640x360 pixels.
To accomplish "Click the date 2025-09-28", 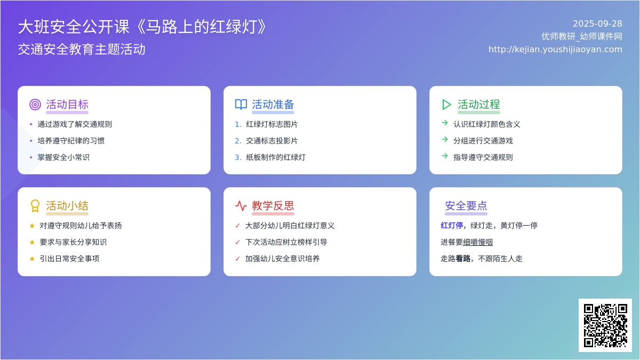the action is (597, 23).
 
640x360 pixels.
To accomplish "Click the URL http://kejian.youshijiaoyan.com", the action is (555, 50).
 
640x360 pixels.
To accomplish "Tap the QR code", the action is (605, 325).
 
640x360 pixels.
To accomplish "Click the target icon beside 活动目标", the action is (35, 105).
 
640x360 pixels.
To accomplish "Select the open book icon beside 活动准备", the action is (241, 105).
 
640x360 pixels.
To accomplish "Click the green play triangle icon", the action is (446, 105).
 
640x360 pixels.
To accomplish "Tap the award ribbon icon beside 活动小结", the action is (35, 206).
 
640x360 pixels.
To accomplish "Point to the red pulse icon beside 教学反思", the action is (241, 206).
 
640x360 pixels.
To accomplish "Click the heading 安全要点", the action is (466, 206).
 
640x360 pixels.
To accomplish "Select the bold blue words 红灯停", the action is (452, 226).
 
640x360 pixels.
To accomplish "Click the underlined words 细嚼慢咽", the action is (478, 242).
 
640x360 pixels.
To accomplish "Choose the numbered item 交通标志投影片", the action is (271, 141).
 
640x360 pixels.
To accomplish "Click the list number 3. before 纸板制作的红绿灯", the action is (238, 157).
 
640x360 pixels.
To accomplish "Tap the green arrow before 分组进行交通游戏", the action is (445, 139).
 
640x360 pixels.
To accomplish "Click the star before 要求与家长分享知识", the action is (32, 242).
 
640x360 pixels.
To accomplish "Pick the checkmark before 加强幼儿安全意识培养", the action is (237, 259).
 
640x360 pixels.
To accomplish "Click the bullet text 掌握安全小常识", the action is (63, 157).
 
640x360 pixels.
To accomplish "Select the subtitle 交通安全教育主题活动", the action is (82, 49).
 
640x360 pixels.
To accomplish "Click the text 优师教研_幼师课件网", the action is (582, 37).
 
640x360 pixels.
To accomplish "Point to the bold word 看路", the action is (463, 259).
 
